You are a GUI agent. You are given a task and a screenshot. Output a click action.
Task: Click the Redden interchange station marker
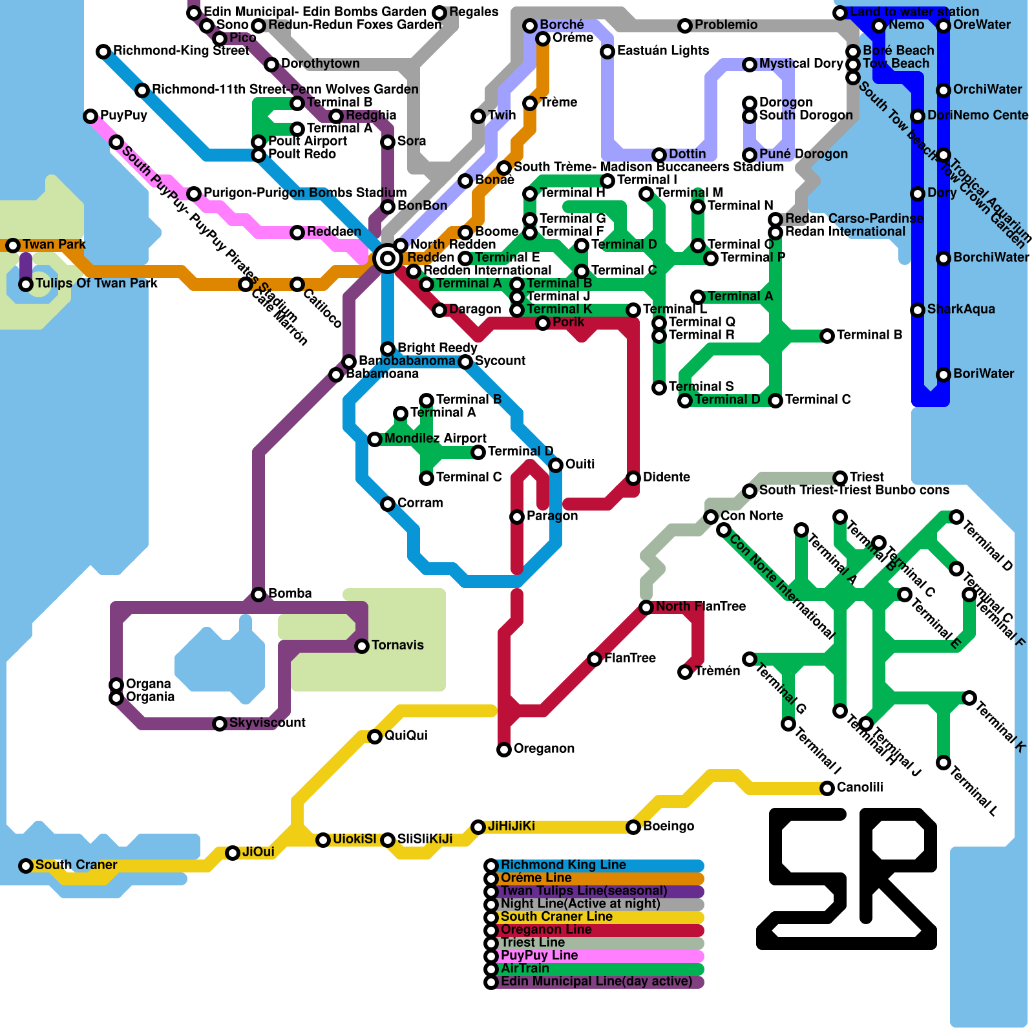click(x=388, y=258)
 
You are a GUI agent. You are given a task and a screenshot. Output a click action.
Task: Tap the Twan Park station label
click(x=54, y=244)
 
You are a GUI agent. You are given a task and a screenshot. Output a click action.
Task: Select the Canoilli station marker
click(x=827, y=788)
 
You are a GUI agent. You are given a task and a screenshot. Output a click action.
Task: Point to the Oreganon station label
click(x=543, y=748)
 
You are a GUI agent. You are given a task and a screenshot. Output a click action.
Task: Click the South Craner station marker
click(x=26, y=866)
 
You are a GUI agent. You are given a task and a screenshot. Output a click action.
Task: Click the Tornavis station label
click(x=397, y=645)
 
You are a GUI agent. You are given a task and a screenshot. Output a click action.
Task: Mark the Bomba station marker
click(x=258, y=595)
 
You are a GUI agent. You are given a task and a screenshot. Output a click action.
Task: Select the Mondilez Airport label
click(x=435, y=438)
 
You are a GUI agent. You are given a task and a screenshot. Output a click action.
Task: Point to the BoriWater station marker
click(x=944, y=375)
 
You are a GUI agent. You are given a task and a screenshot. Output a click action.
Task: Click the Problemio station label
click(x=726, y=25)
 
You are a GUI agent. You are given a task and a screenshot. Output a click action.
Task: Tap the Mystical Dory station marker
click(x=750, y=65)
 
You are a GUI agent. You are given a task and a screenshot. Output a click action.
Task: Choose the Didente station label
click(x=666, y=477)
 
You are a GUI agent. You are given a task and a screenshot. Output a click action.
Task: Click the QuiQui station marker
click(x=375, y=737)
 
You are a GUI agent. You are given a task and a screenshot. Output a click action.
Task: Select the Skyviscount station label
click(x=267, y=723)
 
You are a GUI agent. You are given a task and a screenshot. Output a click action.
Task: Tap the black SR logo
click(x=847, y=879)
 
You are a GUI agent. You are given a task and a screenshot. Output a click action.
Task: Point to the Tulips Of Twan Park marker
click(x=26, y=284)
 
